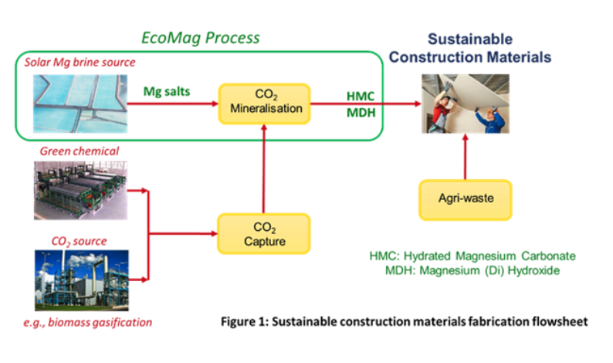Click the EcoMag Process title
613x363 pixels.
pos(199,37)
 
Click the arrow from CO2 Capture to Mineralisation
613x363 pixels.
pos(264,170)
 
